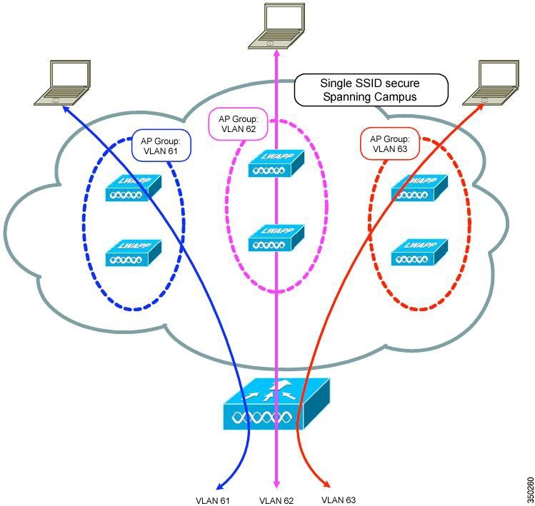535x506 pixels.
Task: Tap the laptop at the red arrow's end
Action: pyautogui.click(x=492, y=83)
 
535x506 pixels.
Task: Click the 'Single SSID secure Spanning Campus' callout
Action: pyautogui.click(x=371, y=90)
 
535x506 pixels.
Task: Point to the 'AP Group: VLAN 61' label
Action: pyautogui.click(x=161, y=146)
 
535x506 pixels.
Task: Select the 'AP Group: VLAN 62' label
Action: pyautogui.click(x=238, y=123)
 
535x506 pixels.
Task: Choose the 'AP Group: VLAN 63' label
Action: pyautogui.click(x=390, y=143)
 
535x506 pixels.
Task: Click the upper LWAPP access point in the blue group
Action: pyautogui.click(x=133, y=188)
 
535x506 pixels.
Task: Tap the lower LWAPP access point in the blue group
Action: pyautogui.click(x=133, y=253)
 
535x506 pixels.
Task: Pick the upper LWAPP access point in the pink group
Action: pyautogui.click(x=276, y=163)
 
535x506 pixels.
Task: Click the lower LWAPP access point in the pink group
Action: pyautogui.click(x=276, y=238)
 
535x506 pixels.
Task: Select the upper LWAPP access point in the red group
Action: pyautogui.click(x=419, y=188)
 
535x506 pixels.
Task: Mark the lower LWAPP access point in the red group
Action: pyautogui.click(x=419, y=253)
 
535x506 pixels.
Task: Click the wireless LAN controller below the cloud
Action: pyautogui.click(x=276, y=404)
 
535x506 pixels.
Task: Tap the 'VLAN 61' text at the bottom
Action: pyautogui.click(x=213, y=500)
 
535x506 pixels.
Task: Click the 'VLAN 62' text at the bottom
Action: pyautogui.click(x=276, y=500)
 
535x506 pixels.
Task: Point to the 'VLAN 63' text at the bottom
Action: pyautogui.click(x=339, y=500)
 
